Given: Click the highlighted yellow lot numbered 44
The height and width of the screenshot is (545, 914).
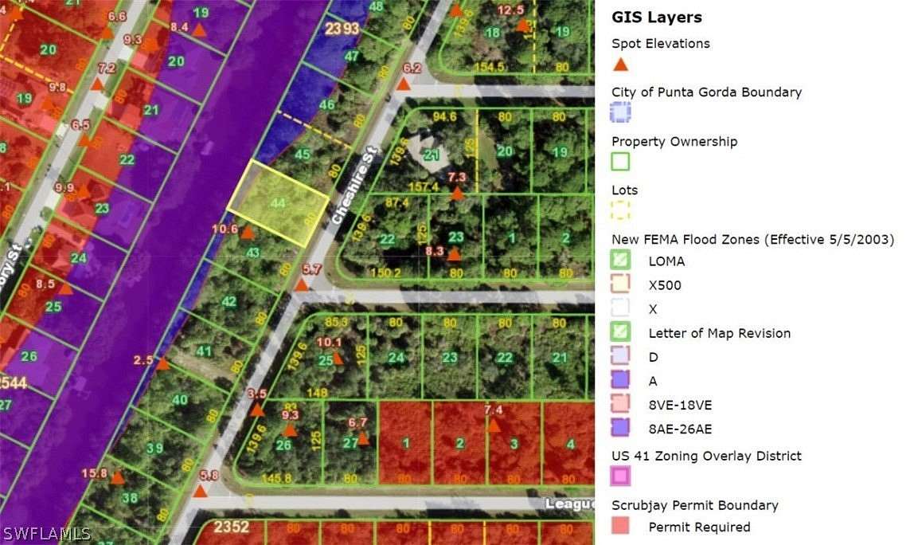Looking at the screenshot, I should [277, 202].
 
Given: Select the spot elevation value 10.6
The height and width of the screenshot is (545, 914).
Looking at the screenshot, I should [225, 229].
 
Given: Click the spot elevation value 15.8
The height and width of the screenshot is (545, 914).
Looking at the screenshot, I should [94, 473].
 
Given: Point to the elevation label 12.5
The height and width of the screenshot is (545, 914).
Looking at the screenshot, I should [510, 10].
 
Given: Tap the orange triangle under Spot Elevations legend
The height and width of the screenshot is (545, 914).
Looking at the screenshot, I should [620, 65].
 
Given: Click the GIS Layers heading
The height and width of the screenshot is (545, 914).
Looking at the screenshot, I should [656, 18].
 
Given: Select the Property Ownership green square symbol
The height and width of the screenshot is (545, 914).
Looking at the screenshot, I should [620, 162].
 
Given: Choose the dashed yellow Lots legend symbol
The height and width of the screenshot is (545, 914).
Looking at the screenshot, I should [620, 210].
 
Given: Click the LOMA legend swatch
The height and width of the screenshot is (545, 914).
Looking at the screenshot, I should [620, 260].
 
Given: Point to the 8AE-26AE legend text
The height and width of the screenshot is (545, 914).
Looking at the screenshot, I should [680, 429].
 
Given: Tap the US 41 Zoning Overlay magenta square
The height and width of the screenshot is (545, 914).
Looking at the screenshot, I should [620, 476].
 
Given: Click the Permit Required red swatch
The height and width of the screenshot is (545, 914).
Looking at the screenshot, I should [620, 526].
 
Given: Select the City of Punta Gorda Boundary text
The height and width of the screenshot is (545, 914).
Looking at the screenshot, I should [706, 92].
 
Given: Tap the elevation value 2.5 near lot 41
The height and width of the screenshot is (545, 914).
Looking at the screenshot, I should [143, 360].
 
